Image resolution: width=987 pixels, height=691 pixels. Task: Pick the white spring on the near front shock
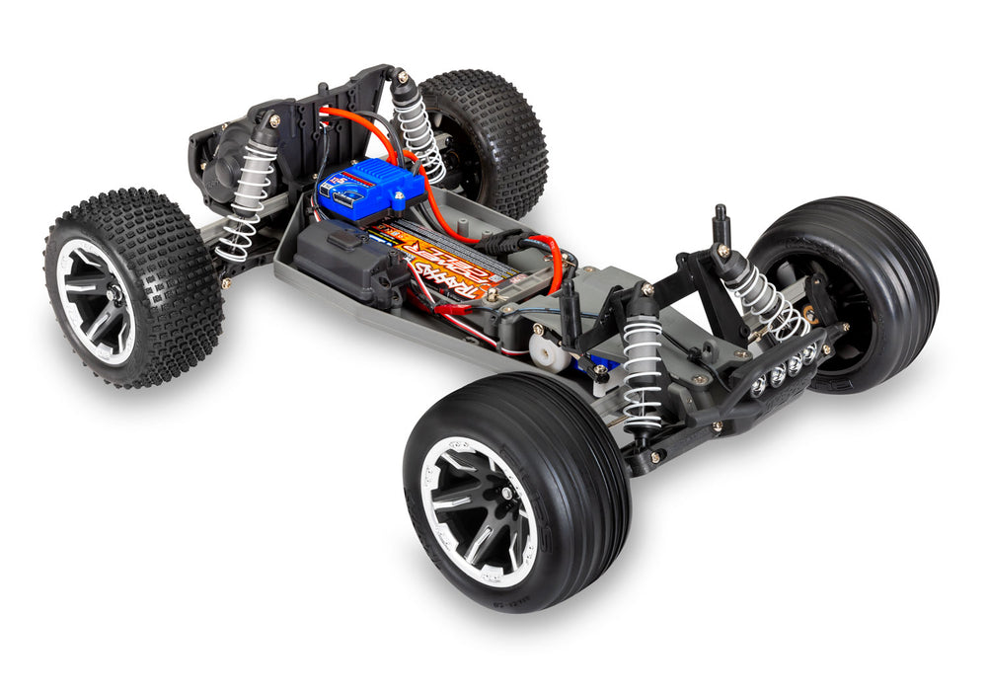pyautogui.click(x=642, y=370)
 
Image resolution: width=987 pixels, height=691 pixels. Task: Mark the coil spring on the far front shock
pyautogui.click(x=765, y=296)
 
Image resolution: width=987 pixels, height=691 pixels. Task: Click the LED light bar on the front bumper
pyautogui.click(x=785, y=370)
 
